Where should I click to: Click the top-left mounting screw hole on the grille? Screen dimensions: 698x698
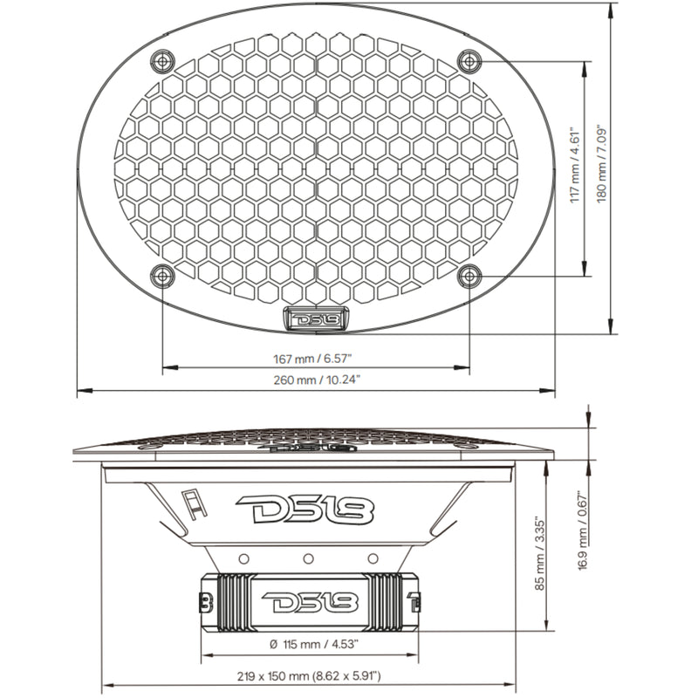click(x=163, y=60)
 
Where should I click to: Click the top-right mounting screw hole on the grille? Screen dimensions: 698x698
click(x=469, y=60)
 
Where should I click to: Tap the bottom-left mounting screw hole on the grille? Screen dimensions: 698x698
click(x=163, y=277)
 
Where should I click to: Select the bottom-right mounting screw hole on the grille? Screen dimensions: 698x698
click(x=469, y=277)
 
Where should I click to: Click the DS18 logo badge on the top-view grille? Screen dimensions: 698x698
click(x=316, y=319)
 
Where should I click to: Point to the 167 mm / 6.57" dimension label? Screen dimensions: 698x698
click(x=316, y=358)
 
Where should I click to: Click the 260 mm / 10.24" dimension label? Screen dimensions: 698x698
click(x=316, y=380)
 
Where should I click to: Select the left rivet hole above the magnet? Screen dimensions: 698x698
click(x=243, y=558)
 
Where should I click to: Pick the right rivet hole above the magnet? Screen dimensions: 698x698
click(x=373, y=558)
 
